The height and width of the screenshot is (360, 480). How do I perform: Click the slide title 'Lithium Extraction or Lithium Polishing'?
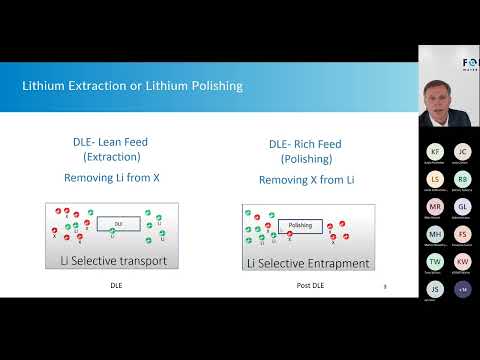point(132,86)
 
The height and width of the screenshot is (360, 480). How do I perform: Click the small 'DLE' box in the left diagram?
point(118,224)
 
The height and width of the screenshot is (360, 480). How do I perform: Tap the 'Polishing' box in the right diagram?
point(300,226)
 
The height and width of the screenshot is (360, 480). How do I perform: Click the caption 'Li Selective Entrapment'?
point(308,263)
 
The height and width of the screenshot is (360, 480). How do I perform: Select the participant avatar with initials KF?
point(434,152)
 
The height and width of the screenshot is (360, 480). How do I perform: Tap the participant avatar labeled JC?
point(462,152)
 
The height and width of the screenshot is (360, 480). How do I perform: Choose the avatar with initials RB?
point(462,179)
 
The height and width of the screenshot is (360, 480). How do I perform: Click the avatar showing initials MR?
point(434,207)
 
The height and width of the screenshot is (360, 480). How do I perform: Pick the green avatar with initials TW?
point(434,262)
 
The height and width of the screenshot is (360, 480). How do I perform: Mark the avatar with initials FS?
point(462,234)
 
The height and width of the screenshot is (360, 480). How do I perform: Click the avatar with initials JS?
point(434,289)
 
